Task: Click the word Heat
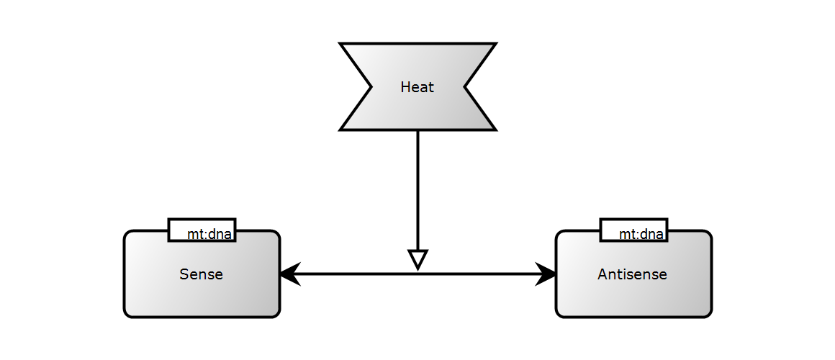point(417,87)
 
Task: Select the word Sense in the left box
point(201,274)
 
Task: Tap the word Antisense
point(632,274)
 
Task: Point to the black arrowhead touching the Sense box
point(289,274)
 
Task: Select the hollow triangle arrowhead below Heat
point(417,258)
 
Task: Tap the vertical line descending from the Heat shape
point(417,187)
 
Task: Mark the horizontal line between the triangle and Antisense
point(482,274)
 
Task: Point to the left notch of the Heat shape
point(371,87)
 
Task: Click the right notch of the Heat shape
point(464,87)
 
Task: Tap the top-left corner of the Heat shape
point(341,45)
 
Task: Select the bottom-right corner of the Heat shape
point(494,129)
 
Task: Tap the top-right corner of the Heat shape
point(494,45)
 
